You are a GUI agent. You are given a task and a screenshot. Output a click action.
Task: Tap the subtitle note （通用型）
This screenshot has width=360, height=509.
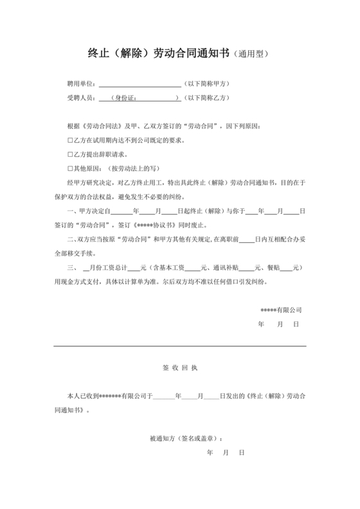251,55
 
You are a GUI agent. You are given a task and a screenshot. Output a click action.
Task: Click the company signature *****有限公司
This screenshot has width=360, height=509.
281,310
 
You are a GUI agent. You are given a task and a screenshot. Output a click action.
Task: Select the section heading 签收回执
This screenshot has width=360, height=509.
179,368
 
